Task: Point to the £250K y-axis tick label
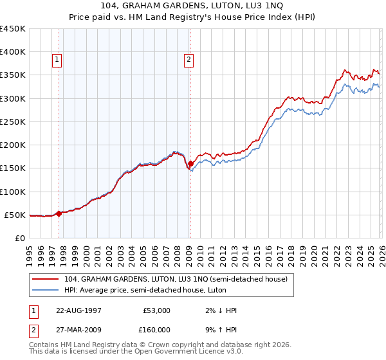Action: tap(12, 122)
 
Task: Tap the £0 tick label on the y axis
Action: tap(19, 238)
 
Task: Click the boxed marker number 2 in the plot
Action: tap(189, 60)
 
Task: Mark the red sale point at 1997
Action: tap(59, 213)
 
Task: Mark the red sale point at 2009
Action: tap(190, 164)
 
